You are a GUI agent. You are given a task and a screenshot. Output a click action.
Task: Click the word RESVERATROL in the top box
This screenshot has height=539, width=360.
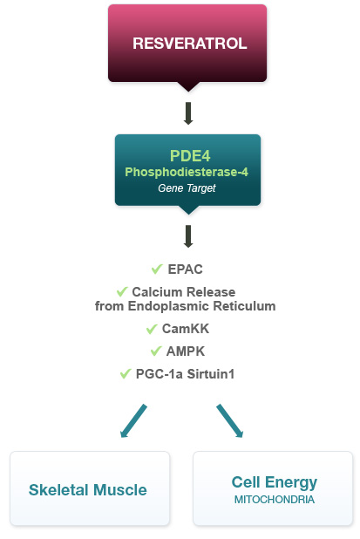(190, 44)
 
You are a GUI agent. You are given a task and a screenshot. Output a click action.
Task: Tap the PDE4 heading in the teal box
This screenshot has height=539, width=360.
(190, 156)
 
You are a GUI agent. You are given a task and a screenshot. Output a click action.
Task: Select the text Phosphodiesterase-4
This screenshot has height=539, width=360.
(187, 172)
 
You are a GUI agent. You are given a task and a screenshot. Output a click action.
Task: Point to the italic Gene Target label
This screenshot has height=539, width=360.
(187, 188)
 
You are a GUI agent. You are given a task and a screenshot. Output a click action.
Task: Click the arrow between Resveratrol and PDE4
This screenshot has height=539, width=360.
(188, 113)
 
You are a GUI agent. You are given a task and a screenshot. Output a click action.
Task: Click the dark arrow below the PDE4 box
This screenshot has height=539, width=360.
(188, 236)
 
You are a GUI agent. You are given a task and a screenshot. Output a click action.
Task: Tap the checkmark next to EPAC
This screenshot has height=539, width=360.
(157, 269)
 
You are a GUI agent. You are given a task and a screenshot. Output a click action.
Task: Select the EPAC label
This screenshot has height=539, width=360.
(185, 269)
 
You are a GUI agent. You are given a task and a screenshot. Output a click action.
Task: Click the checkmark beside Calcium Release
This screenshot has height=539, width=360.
(122, 291)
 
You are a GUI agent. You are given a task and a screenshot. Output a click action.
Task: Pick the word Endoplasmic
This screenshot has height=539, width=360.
(168, 306)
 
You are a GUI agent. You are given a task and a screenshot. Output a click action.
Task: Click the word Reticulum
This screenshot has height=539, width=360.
(244, 306)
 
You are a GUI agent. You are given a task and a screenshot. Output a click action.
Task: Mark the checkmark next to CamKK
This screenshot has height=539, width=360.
(152, 329)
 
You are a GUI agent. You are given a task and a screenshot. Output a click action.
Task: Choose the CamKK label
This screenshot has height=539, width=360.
(186, 329)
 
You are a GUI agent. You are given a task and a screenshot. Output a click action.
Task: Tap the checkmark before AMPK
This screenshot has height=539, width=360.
(156, 351)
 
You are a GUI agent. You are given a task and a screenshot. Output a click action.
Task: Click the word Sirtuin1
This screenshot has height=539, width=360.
(211, 374)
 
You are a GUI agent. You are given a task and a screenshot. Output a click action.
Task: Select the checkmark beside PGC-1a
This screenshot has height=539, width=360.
(126, 373)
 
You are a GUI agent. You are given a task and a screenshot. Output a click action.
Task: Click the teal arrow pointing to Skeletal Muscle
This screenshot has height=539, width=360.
(133, 420)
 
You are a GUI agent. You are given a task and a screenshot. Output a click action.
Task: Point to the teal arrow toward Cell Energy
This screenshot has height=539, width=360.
(230, 420)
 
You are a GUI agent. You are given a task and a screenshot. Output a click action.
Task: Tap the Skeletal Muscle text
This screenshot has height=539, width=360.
(88, 490)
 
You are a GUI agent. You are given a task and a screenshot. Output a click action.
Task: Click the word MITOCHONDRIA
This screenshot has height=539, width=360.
(275, 500)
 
